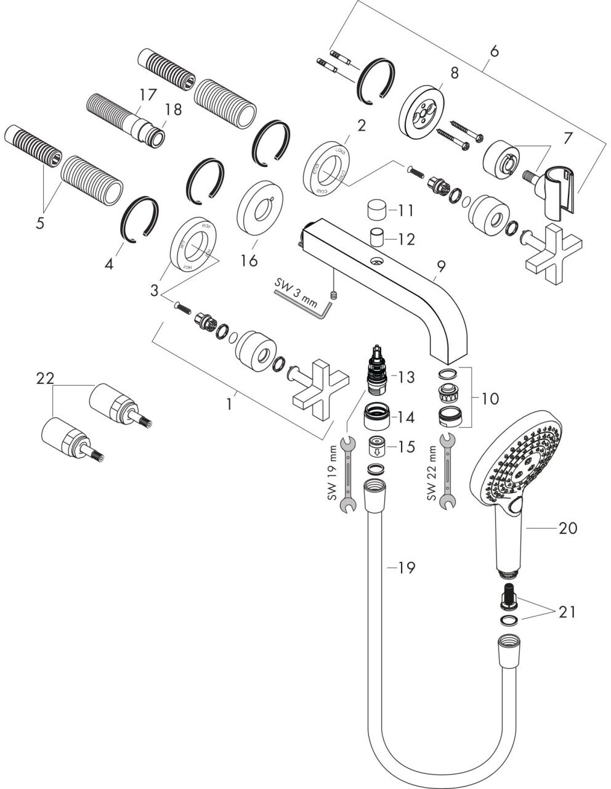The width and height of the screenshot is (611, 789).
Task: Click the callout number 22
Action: (x=46, y=379)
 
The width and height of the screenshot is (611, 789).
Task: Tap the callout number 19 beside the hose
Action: (x=406, y=567)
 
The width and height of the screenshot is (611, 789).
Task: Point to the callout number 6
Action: (x=493, y=52)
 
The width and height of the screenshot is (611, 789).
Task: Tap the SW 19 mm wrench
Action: (x=348, y=474)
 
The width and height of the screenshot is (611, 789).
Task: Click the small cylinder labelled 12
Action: (x=378, y=237)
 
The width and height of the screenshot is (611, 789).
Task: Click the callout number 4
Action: (x=109, y=264)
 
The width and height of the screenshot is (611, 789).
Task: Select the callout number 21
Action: (x=567, y=611)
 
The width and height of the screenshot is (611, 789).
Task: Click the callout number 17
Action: (x=147, y=95)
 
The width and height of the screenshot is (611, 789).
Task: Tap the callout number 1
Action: (x=230, y=404)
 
